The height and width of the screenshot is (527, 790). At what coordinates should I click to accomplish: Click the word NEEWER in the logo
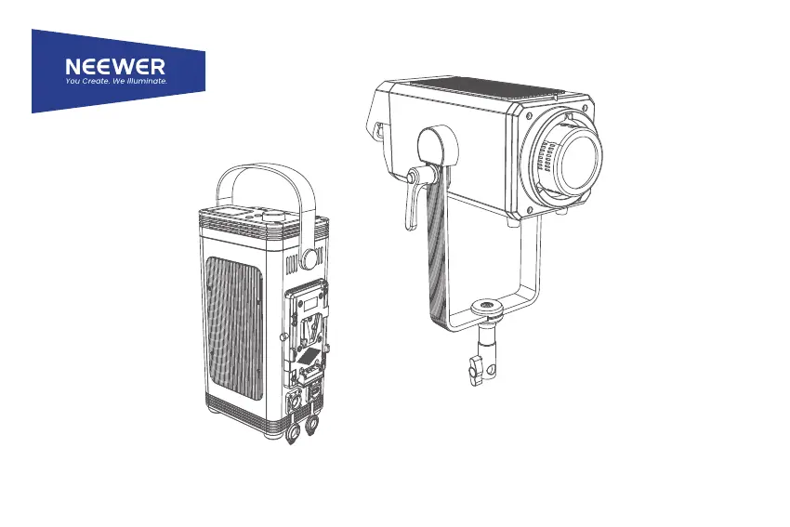[x=115, y=66]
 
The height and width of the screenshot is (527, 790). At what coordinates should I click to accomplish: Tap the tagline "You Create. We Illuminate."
[x=116, y=81]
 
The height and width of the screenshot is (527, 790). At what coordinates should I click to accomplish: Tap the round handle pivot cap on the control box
[x=309, y=258]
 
